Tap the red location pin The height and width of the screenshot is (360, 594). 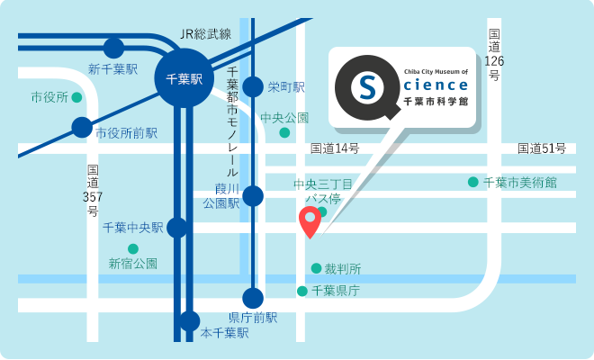310,220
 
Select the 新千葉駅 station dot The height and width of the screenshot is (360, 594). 114,48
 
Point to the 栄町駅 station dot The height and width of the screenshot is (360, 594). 254,86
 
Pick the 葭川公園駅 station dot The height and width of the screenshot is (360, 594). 254,196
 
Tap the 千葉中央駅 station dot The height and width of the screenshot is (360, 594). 177,227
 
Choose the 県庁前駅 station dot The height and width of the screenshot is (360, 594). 254,298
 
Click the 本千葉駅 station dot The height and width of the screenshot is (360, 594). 189,320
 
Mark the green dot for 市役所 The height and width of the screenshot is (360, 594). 76,96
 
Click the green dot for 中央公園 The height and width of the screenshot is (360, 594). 284,133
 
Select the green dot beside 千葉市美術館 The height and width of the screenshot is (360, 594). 472,182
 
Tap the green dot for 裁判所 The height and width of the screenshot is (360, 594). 316,268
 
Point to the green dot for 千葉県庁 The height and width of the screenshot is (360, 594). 302,291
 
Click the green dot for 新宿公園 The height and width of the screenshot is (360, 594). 133,248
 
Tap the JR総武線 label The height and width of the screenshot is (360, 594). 206,34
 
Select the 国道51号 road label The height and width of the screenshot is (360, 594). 541,148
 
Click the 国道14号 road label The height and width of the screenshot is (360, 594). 335,148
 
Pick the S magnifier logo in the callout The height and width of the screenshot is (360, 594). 368,87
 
